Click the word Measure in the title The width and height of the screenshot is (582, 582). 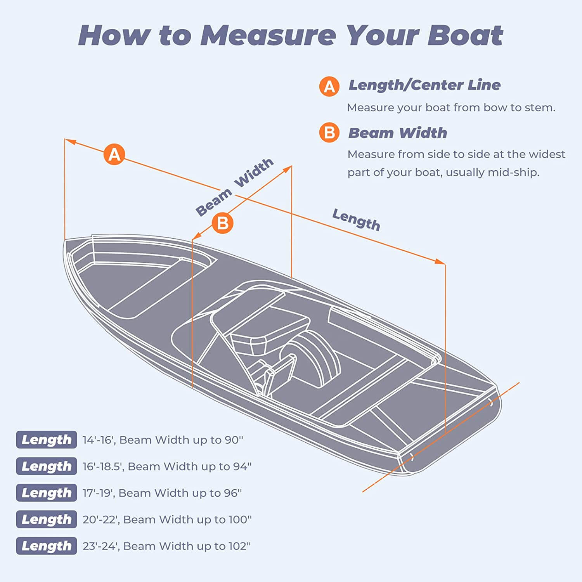tap(268, 35)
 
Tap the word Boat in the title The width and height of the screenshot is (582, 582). tap(465, 35)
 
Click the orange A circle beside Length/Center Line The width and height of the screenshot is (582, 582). tap(329, 86)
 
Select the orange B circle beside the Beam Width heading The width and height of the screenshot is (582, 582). tap(329, 133)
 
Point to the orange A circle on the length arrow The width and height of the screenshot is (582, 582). tap(114, 154)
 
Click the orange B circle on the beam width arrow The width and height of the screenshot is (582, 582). tap(223, 223)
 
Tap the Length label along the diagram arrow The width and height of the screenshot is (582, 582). tap(356, 220)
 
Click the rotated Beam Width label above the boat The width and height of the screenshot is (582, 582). tap(234, 187)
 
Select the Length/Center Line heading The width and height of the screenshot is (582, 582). tap(424, 85)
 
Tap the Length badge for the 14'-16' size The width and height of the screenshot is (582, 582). tap(47, 440)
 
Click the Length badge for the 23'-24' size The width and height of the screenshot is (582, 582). tap(47, 546)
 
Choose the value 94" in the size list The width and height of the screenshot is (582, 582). tap(242, 466)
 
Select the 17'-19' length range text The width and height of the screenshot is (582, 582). tap(98, 493)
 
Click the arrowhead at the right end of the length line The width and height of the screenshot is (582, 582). tap(440, 262)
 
